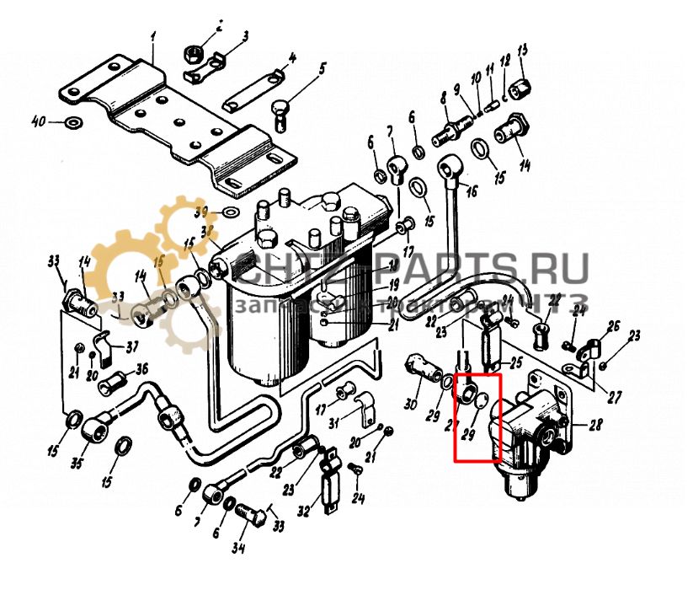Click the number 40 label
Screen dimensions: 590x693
click(38, 122)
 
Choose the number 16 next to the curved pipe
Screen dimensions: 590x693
click(470, 191)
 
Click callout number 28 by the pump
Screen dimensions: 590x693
click(595, 424)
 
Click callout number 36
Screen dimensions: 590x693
click(141, 368)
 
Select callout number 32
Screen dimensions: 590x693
click(304, 510)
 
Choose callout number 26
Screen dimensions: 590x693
click(613, 325)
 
